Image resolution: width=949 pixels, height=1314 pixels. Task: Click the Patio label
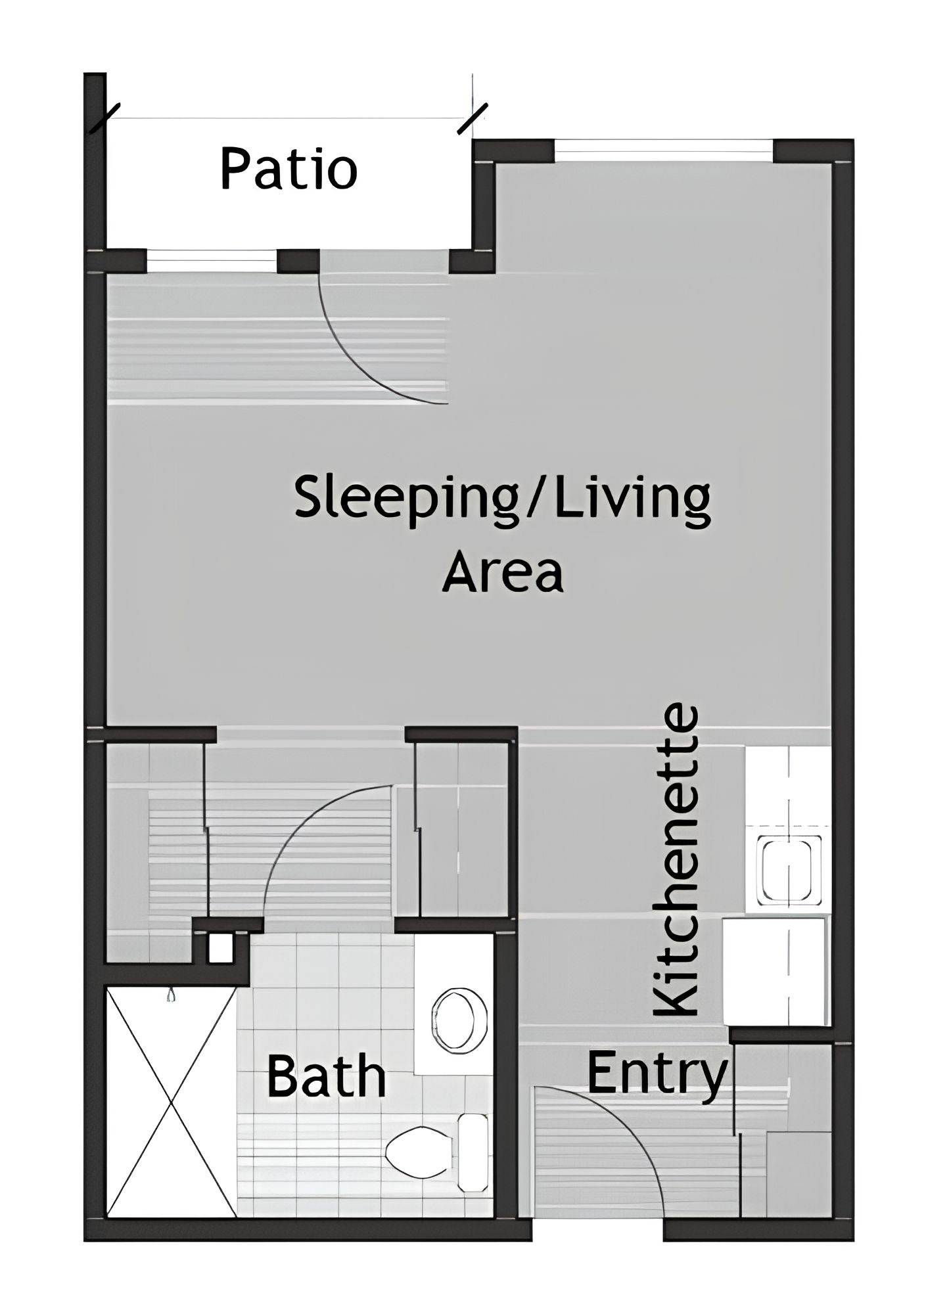pos(289,170)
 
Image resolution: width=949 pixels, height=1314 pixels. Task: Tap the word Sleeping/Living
pos(502,499)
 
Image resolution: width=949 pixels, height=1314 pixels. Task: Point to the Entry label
pos(657,1075)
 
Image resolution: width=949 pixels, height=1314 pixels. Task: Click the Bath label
pos(326,1076)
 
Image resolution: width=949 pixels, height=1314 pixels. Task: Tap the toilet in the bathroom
pos(421,1154)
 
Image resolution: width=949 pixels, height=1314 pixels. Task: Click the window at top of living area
pos(664,150)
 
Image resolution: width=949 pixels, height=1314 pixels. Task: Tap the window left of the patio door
pos(212,261)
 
